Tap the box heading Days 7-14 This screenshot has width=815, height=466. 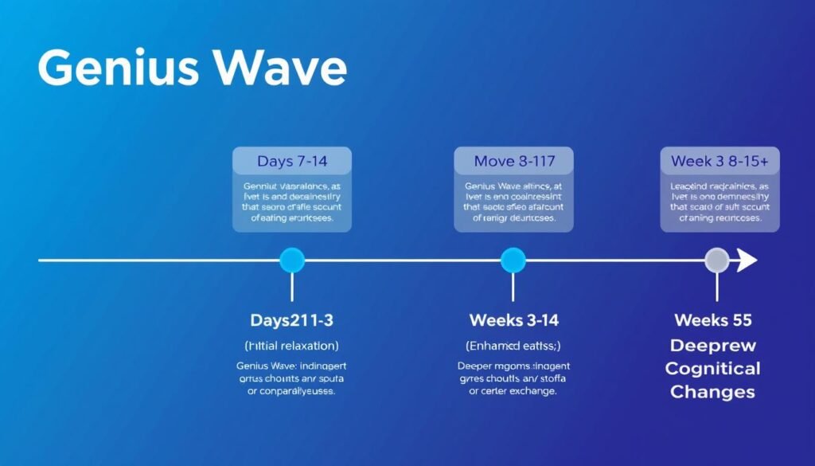tap(292, 162)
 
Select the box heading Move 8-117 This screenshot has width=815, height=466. tap(513, 162)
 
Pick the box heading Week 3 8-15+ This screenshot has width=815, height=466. tap(719, 162)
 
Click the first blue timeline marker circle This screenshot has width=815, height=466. tap(292, 260)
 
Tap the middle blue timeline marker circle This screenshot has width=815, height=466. tap(513, 260)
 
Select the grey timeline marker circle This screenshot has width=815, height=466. tap(717, 260)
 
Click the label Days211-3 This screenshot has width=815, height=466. tap(291, 320)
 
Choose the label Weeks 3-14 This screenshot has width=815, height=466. tap(513, 320)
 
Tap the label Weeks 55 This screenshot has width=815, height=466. tap(712, 320)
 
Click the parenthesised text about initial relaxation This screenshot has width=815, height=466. tap(291, 346)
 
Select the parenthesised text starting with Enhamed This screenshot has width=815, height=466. tap(513, 346)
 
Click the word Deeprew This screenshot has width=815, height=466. tap(712, 346)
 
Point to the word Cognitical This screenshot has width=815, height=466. tap(712, 369)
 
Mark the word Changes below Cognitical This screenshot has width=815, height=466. tap(712, 392)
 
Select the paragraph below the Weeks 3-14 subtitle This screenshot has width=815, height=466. tap(513, 378)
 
